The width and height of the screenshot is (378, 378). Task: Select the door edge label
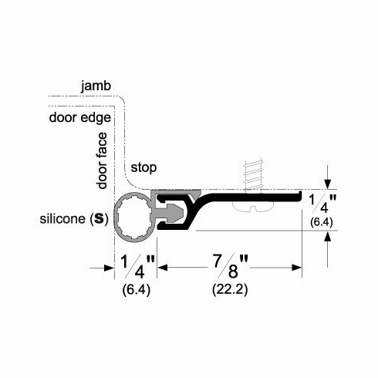point(79,117)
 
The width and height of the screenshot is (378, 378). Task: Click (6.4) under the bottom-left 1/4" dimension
point(137,292)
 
